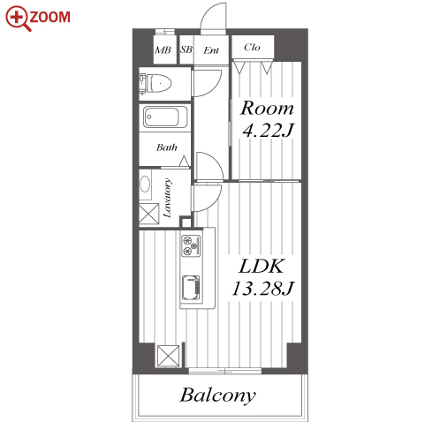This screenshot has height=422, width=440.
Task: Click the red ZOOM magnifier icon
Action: (x=18, y=19)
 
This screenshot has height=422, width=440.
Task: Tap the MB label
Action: (x=163, y=50)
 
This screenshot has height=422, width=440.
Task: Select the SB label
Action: (x=186, y=49)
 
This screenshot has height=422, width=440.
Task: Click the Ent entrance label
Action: (x=211, y=50)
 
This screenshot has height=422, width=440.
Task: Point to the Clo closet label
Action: (x=252, y=48)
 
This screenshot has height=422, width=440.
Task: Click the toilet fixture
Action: (x=156, y=84)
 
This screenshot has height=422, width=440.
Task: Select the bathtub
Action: (x=165, y=117)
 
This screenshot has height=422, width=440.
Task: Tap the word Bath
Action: (x=167, y=147)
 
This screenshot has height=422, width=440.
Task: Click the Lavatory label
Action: (x=168, y=198)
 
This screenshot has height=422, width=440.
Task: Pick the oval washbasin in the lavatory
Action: (x=145, y=185)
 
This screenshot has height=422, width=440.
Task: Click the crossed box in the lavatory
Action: (x=149, y=214)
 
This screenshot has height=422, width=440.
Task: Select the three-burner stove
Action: (x=191, y=245)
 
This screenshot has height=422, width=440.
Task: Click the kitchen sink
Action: (x=191, y=288)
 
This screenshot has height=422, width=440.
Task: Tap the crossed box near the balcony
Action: (x=168, y=356)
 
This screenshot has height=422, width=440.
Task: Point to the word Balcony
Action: (x=217, y=396)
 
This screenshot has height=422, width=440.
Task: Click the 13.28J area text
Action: (x=263, y=289)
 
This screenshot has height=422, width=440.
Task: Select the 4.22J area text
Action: (x=268, y=130)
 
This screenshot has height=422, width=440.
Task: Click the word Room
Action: (x=267, y=109)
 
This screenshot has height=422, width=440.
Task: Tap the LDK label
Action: (x=262, y=267)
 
